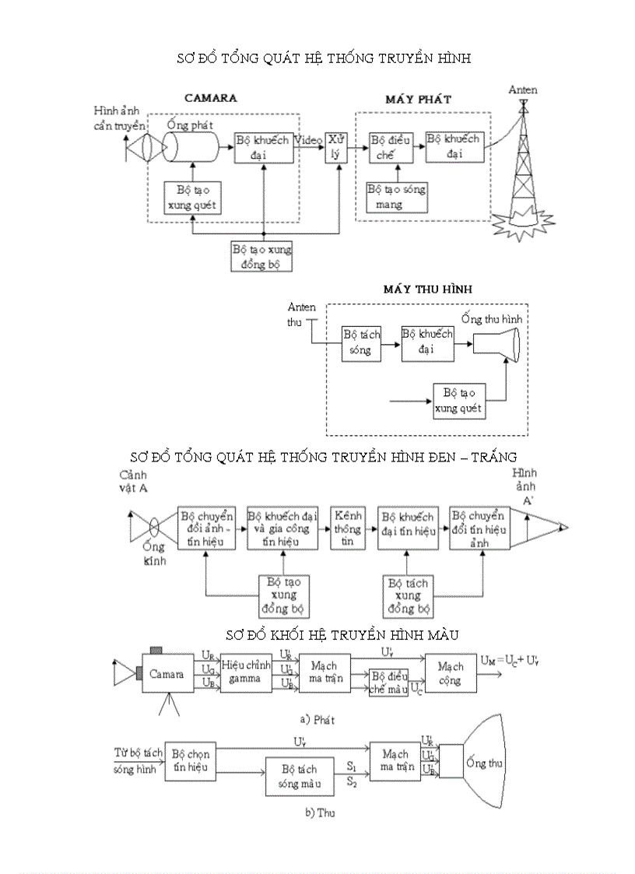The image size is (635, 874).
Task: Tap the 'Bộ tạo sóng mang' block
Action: pyautogui.click(x=396, y=197)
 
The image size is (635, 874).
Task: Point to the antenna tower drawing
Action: pyautogui.click(x=522, y=167)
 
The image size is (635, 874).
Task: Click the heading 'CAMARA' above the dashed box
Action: pyautogui.click(x=210, y=98)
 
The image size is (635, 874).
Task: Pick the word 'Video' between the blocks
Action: pyautogui.click(x=309, y=140)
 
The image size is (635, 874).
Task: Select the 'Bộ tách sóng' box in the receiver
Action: pyautogui.click(x=361, y=342)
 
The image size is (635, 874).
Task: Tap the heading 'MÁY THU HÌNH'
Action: pyautogui.click(x=428, y=289)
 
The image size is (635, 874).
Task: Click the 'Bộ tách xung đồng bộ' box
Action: pyautogui.click(x=409, y=595)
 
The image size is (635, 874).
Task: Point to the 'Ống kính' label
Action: pyautogui.click(x=154, y=553)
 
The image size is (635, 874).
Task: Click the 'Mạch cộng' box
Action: pyautogui.click(x=450, y=673)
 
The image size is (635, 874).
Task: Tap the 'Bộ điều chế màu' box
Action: pyautogui.click(x=388, y=683)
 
